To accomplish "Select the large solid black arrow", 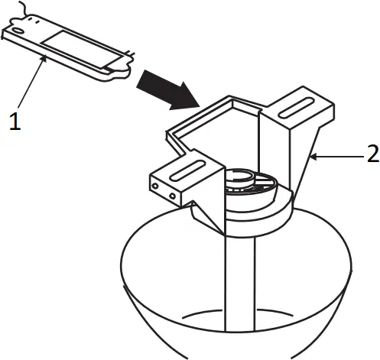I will (x=171, y=89).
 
